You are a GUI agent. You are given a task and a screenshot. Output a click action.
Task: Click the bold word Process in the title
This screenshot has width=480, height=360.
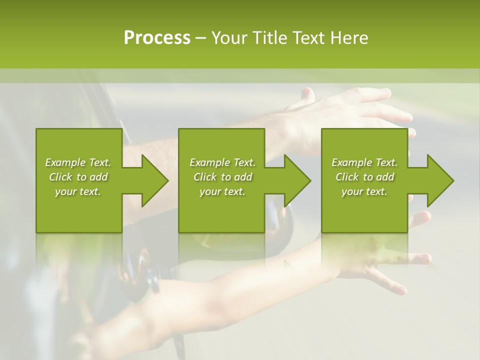pos(157,38)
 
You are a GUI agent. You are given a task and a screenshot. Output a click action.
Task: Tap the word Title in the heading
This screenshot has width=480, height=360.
pos(268,38)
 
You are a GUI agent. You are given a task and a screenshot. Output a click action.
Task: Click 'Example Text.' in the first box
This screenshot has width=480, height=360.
pos(78,162)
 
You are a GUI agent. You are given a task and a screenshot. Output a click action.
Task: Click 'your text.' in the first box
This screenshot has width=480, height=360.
pos(78,191)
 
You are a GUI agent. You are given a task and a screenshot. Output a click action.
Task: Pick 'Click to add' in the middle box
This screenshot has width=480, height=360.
pos(222,177)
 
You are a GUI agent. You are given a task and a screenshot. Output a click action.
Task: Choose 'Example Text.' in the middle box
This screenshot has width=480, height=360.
pos(222,162)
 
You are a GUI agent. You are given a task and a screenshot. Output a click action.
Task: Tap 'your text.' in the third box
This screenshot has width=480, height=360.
pos(364,191)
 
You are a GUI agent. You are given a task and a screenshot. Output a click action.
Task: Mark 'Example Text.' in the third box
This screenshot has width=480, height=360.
pos(364,162)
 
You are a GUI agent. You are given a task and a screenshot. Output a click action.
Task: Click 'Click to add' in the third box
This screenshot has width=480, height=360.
pos(364,177)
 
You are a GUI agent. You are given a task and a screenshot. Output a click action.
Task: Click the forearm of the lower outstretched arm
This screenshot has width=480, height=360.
pos(250,285)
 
